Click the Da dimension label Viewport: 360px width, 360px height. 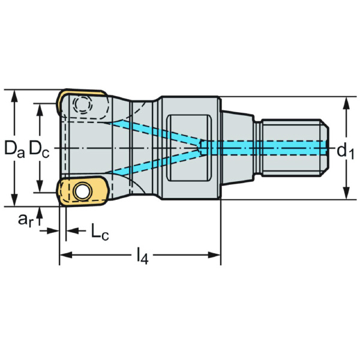13,148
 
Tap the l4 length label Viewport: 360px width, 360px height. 142,257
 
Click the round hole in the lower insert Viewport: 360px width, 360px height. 81,191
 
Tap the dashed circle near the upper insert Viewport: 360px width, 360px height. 82,106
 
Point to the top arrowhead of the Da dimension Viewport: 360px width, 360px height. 13,95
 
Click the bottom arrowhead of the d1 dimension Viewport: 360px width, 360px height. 346,194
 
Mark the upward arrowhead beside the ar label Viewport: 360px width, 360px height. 40,211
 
